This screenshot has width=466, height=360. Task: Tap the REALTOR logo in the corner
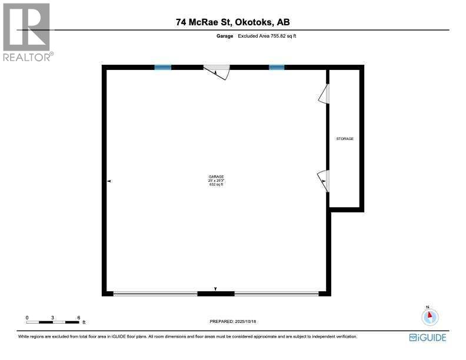pos(27,32)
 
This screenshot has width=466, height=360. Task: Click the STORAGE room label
pos(345,139)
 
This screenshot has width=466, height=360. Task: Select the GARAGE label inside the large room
pos(216,176)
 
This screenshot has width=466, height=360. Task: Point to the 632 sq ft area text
pos(216,185)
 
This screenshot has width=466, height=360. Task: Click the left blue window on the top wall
pos(163,68)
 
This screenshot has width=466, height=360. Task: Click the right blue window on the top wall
pos(277,68)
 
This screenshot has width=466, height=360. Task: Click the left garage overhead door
pos(155,293)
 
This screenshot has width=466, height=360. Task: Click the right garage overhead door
pos(277,293)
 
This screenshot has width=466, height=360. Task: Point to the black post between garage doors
pos(216,293)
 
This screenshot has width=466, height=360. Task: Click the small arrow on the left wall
pos(109,182)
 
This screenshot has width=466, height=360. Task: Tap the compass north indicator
pos(430,316)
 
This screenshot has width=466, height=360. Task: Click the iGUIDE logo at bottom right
pos(427,338)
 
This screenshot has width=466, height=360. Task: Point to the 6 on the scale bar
pos(79,318)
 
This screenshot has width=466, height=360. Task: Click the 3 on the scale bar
pos(53,318)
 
